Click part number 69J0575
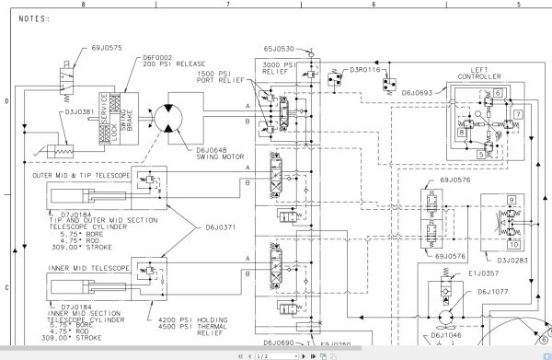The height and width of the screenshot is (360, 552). click(79, 45)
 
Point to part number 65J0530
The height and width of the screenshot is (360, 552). click(278, 48)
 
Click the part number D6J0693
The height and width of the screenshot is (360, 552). click(422, 92)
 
